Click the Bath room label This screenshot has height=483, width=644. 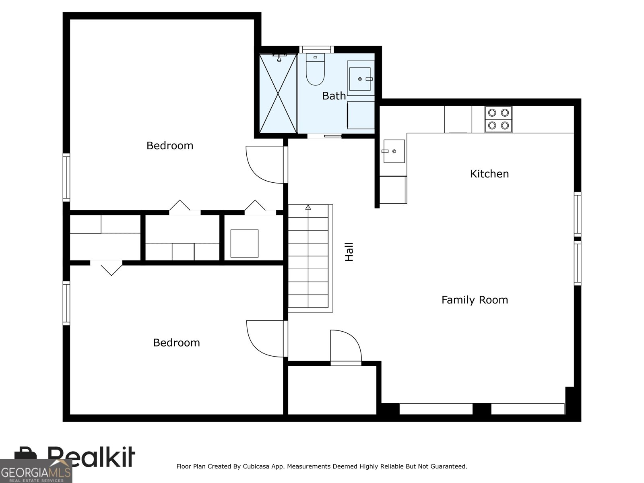point(334,96)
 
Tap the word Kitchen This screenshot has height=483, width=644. point(489,174)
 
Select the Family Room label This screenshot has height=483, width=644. point(475,300)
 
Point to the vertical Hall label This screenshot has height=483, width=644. point(349,252)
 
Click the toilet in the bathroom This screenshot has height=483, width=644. point(315,69)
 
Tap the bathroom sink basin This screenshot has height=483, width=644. point(360,79)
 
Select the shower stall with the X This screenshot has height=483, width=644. point(278,93)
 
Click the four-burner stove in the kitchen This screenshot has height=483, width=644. point(498,119)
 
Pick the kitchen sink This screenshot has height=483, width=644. point(394,151)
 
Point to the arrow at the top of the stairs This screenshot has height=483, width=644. point(308,208)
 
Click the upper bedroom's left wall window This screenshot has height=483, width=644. point(66,178)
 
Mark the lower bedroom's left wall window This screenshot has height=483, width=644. point(66,303)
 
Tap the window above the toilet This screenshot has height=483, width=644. point(316,49)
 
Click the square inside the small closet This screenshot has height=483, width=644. point(244,244)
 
